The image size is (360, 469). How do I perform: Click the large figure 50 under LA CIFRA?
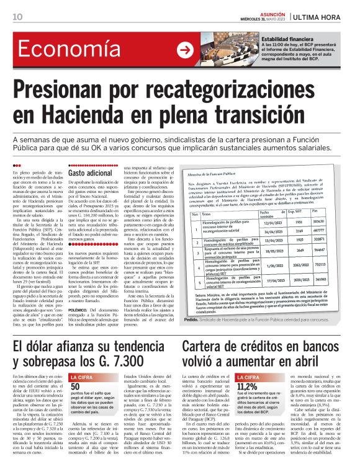(75, 368)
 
